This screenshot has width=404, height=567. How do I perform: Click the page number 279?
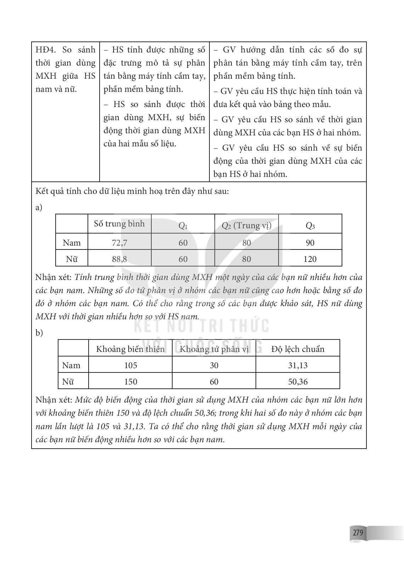coord(358,533)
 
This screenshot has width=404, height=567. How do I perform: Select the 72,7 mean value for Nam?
coord(119,243)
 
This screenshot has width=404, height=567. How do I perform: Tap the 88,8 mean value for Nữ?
coord(119,259)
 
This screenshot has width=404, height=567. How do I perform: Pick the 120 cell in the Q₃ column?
coord(310,259)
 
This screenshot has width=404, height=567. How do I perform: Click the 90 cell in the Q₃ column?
coord(310,243)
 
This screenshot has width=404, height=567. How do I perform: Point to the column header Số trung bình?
coord(119,224)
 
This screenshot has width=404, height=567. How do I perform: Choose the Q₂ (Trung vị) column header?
coord(246,225)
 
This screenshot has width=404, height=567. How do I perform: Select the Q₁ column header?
coord(183,226)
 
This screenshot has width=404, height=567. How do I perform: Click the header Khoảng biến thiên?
coord(130,349)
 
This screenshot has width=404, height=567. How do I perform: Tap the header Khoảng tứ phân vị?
coord(214,349)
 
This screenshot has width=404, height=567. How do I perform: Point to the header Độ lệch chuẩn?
coord(298,349)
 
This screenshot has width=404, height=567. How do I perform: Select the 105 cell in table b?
coord(130,365)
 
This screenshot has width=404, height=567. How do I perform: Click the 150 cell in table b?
coord(130,382)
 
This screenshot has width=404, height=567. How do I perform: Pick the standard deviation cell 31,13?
coord(298,365)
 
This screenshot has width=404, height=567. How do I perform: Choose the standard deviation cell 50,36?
coord(298,382)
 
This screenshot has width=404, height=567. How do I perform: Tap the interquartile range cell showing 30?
coord(214,365)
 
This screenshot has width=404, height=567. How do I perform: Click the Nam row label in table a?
coord(72,243)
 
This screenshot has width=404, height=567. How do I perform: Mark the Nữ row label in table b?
coord(68,382)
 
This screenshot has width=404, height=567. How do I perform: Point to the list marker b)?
coord(39,333)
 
